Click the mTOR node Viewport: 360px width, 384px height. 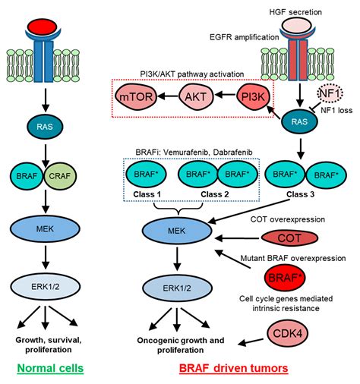pos(136,96)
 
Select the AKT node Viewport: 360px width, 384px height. pos(196,96)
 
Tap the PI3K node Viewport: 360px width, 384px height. pos(254,97)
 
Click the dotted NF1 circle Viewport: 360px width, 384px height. pos(330,93)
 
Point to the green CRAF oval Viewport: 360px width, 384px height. pos(60,176)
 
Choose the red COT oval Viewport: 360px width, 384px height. pos(289,238)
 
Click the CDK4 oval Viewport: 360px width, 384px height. pos(288,334)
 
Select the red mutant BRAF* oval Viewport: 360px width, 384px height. pos(285,278)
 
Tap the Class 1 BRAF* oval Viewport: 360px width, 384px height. pos(146,175)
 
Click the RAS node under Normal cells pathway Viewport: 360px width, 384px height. pos(45,127)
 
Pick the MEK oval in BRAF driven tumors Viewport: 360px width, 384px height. pos(177,231)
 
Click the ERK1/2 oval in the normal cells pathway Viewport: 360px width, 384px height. pos(46,287)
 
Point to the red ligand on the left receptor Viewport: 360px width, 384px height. pos(43,27)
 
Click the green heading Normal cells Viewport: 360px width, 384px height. pos(50,368)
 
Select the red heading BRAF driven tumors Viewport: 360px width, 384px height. pos(234,368)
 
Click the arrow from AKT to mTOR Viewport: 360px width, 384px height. pos(168,96)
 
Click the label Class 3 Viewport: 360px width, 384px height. pos(301,194)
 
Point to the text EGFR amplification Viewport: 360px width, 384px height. pos(245,37)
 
